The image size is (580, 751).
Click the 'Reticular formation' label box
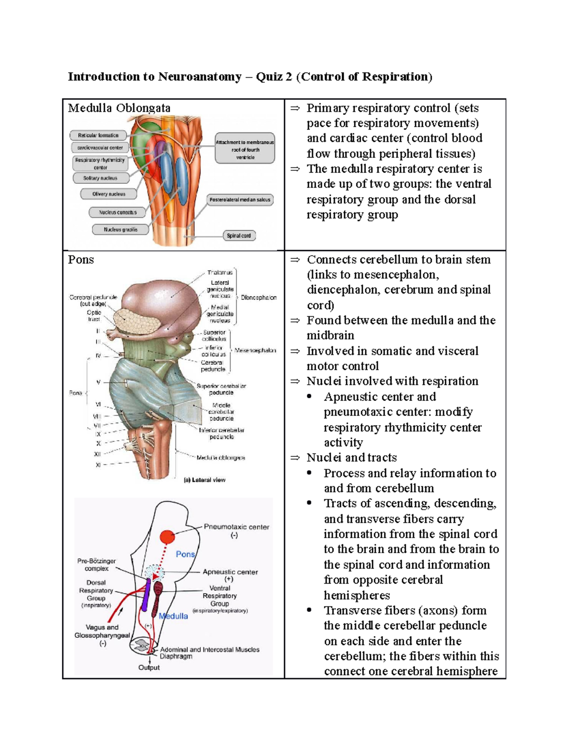tap(98, 135)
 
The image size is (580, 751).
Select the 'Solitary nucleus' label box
tap(101, 178)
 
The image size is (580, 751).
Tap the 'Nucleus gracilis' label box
tap(120, 230)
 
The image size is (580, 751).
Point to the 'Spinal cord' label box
tap(239, 236)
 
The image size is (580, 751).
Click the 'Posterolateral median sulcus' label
tap(240, 200)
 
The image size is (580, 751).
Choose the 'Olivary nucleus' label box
tap(109, 194)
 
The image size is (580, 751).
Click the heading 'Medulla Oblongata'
tap(119, 108)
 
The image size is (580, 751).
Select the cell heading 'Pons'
tap(81, 260)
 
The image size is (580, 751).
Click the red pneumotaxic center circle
tap(167, 537)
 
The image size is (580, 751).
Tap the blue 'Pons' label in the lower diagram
tap(185, 554)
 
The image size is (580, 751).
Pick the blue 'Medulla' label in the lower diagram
tap(173, 616)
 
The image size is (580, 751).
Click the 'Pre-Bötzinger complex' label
tap(97, 565)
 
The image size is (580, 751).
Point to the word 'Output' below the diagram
tap(149, 667)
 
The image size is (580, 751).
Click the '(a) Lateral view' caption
tap(204, 480)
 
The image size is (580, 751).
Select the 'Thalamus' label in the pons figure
tap(220, 273)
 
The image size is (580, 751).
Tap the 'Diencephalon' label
tap(259, 298)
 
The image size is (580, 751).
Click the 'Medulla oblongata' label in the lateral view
tap(220, 457)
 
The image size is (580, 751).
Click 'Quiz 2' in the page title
tap(274, 77)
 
